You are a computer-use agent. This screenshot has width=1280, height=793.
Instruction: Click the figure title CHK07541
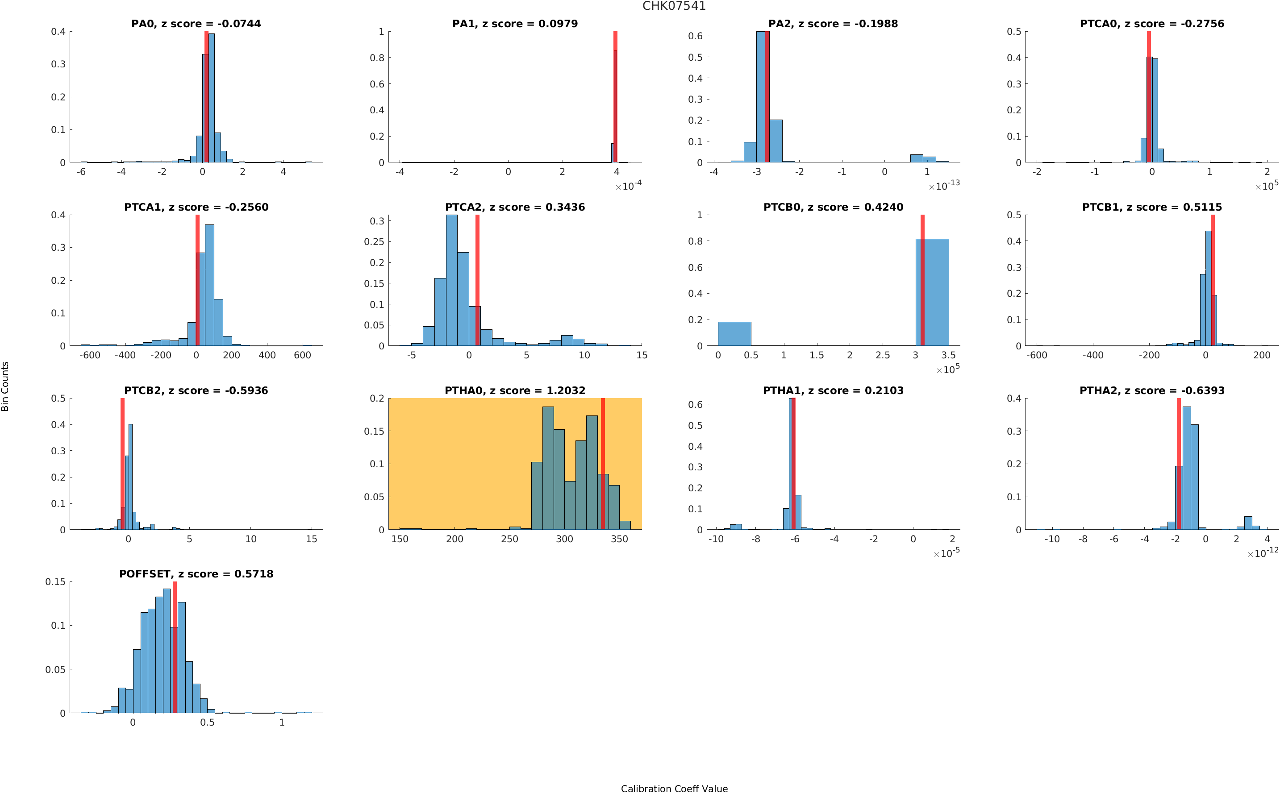(x=674, y=6)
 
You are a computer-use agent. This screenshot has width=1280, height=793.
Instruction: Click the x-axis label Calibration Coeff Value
(x=674, y=788)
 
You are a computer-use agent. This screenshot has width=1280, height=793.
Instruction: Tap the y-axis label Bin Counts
(x=5, y=386)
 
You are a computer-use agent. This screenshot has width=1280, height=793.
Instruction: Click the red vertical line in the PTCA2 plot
(x=477, y=280)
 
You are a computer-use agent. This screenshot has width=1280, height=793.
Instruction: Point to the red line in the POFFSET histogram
(x=175, y=647)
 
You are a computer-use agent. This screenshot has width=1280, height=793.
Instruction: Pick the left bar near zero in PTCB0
(x=734, y=333)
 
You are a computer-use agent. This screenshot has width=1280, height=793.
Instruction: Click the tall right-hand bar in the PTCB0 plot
(x=932, y=292)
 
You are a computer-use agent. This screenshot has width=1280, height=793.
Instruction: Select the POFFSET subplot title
(x=196, y=574)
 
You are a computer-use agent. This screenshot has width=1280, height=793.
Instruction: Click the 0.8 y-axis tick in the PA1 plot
(x=377, y=58)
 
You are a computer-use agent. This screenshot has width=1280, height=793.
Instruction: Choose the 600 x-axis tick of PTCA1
(x=303, y=355)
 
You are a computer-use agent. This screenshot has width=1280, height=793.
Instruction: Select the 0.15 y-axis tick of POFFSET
(x=56, y=581)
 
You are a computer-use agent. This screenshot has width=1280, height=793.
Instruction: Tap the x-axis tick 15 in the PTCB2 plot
(x=312, y=539)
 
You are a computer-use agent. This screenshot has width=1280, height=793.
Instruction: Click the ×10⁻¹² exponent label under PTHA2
(x=1263, y=552)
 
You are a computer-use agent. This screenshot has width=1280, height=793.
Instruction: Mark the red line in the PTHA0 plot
(x=603, y=464)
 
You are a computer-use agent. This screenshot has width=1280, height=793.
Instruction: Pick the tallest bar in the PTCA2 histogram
(x=452, y=280)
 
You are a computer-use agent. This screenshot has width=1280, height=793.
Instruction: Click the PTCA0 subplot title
(x=1152, y=24)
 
